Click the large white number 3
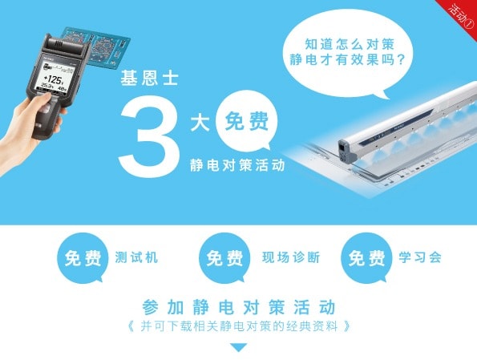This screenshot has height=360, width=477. (x=150, y=136)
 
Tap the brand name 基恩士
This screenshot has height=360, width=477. (x=149, y=79)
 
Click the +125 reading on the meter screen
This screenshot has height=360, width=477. (x=54, y=79)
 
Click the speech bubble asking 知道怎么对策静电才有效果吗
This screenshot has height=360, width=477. (x=348, y=53)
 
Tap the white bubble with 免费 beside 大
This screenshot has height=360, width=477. (x=246, y=121)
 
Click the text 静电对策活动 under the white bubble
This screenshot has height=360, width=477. (x=237, y=165)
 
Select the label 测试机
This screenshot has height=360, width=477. (x=136, y=257)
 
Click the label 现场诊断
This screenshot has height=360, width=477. (x=291, y=257)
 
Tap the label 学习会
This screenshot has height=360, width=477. (x=420, y=257)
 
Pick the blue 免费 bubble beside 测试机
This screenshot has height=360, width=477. (x=83, y=258)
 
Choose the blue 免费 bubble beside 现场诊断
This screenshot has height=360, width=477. (x=224, y=258)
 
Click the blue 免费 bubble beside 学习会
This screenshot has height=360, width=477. (x=366, y=258)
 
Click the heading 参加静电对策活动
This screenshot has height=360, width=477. (x=239, y=307)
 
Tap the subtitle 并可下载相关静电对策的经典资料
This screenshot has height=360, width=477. (x=239, y=326)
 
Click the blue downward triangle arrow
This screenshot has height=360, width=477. (x=239, y=347)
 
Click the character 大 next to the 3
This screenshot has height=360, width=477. (x=200, y=123)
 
